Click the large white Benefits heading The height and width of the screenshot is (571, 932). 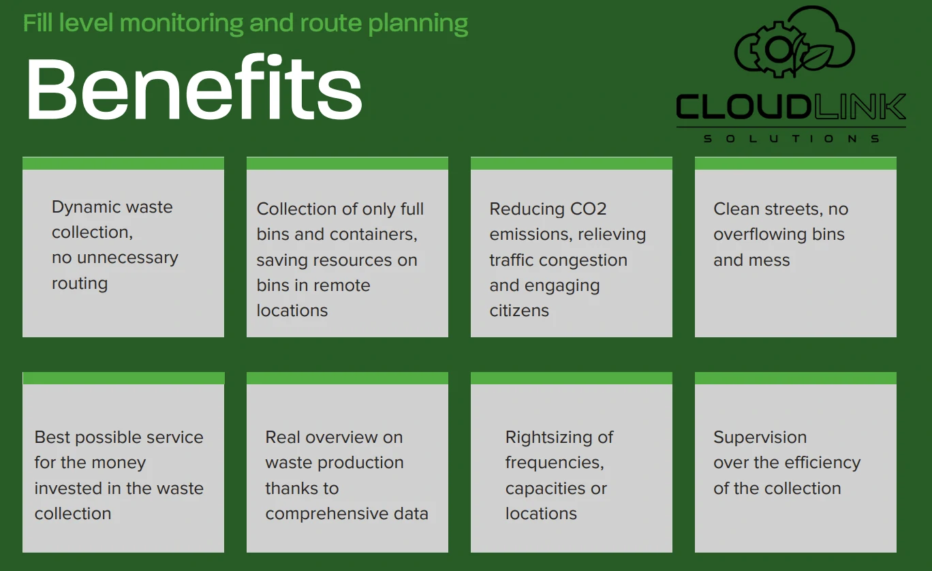194,87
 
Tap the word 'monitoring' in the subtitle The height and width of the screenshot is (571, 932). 181,24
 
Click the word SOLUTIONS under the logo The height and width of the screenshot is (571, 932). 791,138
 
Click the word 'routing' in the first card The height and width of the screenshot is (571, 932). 80,284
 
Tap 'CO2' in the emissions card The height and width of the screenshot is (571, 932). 588,209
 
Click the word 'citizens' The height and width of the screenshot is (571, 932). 519,311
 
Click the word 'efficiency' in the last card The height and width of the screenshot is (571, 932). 816,463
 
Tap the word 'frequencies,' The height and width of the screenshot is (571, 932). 555,463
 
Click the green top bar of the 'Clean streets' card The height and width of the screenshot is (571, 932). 796,163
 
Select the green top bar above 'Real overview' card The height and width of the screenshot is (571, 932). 347,378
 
